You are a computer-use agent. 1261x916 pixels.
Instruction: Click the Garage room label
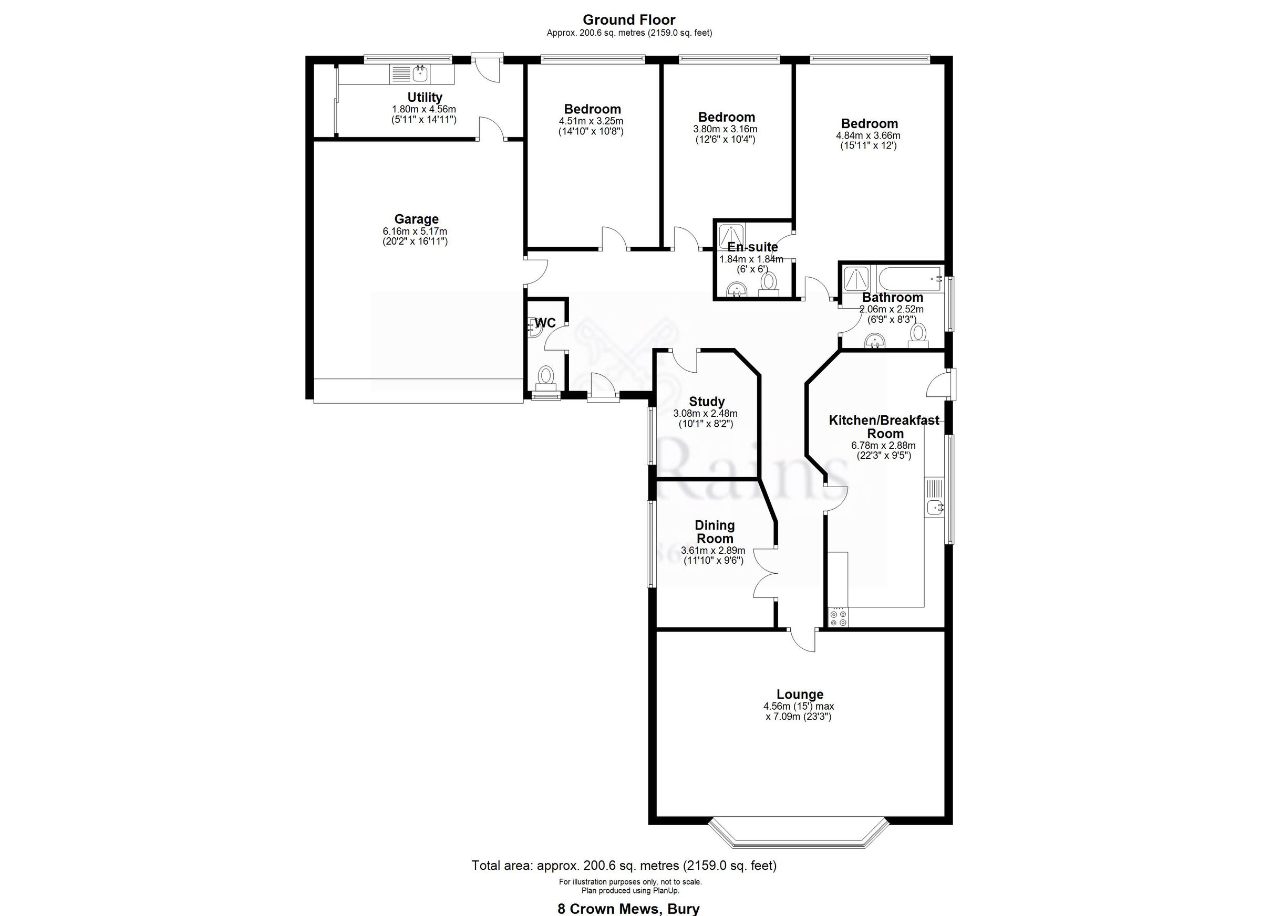coord(416,219)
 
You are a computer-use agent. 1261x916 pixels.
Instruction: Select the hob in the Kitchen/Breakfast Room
coord(838,618)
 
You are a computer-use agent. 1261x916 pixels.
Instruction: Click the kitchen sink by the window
coord(935,507)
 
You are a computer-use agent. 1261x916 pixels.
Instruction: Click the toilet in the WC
coord(545,376)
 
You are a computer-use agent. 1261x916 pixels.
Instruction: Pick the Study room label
coord(706,401)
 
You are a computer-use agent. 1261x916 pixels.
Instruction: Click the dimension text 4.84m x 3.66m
coord(868,135)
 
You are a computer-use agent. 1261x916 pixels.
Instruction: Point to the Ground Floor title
coord(629,20)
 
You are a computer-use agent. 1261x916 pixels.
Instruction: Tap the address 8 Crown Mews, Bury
coord(628,909)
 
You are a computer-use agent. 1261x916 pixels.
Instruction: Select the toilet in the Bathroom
coord(918,334)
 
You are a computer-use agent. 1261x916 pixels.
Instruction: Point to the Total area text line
coord(624,865)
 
